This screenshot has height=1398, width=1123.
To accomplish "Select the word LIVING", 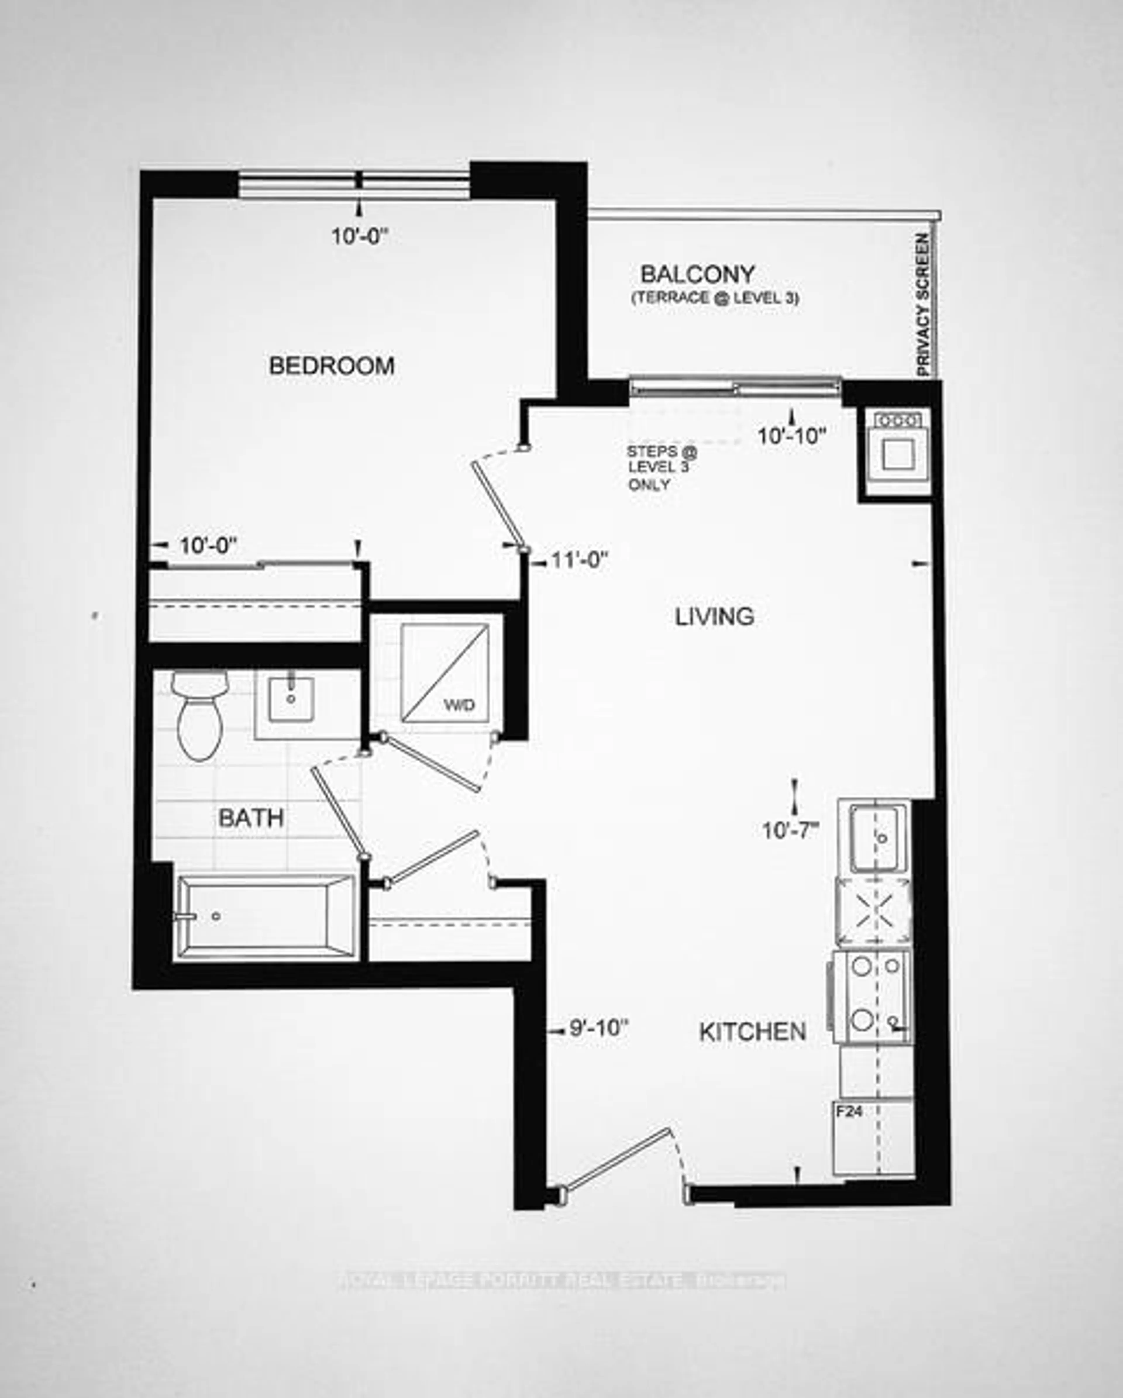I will pyautogui.click(x=714, y=616).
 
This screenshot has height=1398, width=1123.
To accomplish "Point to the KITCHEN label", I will pyautogui.click(x=752, y=1032).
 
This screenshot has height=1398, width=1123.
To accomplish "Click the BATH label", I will pyautogui.click(x=251, y=818).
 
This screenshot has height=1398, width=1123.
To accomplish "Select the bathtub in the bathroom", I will pyautogui.click(x=266, y=916).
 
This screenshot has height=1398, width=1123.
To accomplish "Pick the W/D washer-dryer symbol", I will pyautogui.click(x=445, y=673).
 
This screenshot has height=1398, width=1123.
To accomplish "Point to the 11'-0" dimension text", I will pyautogui.click(x=580, y=560).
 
